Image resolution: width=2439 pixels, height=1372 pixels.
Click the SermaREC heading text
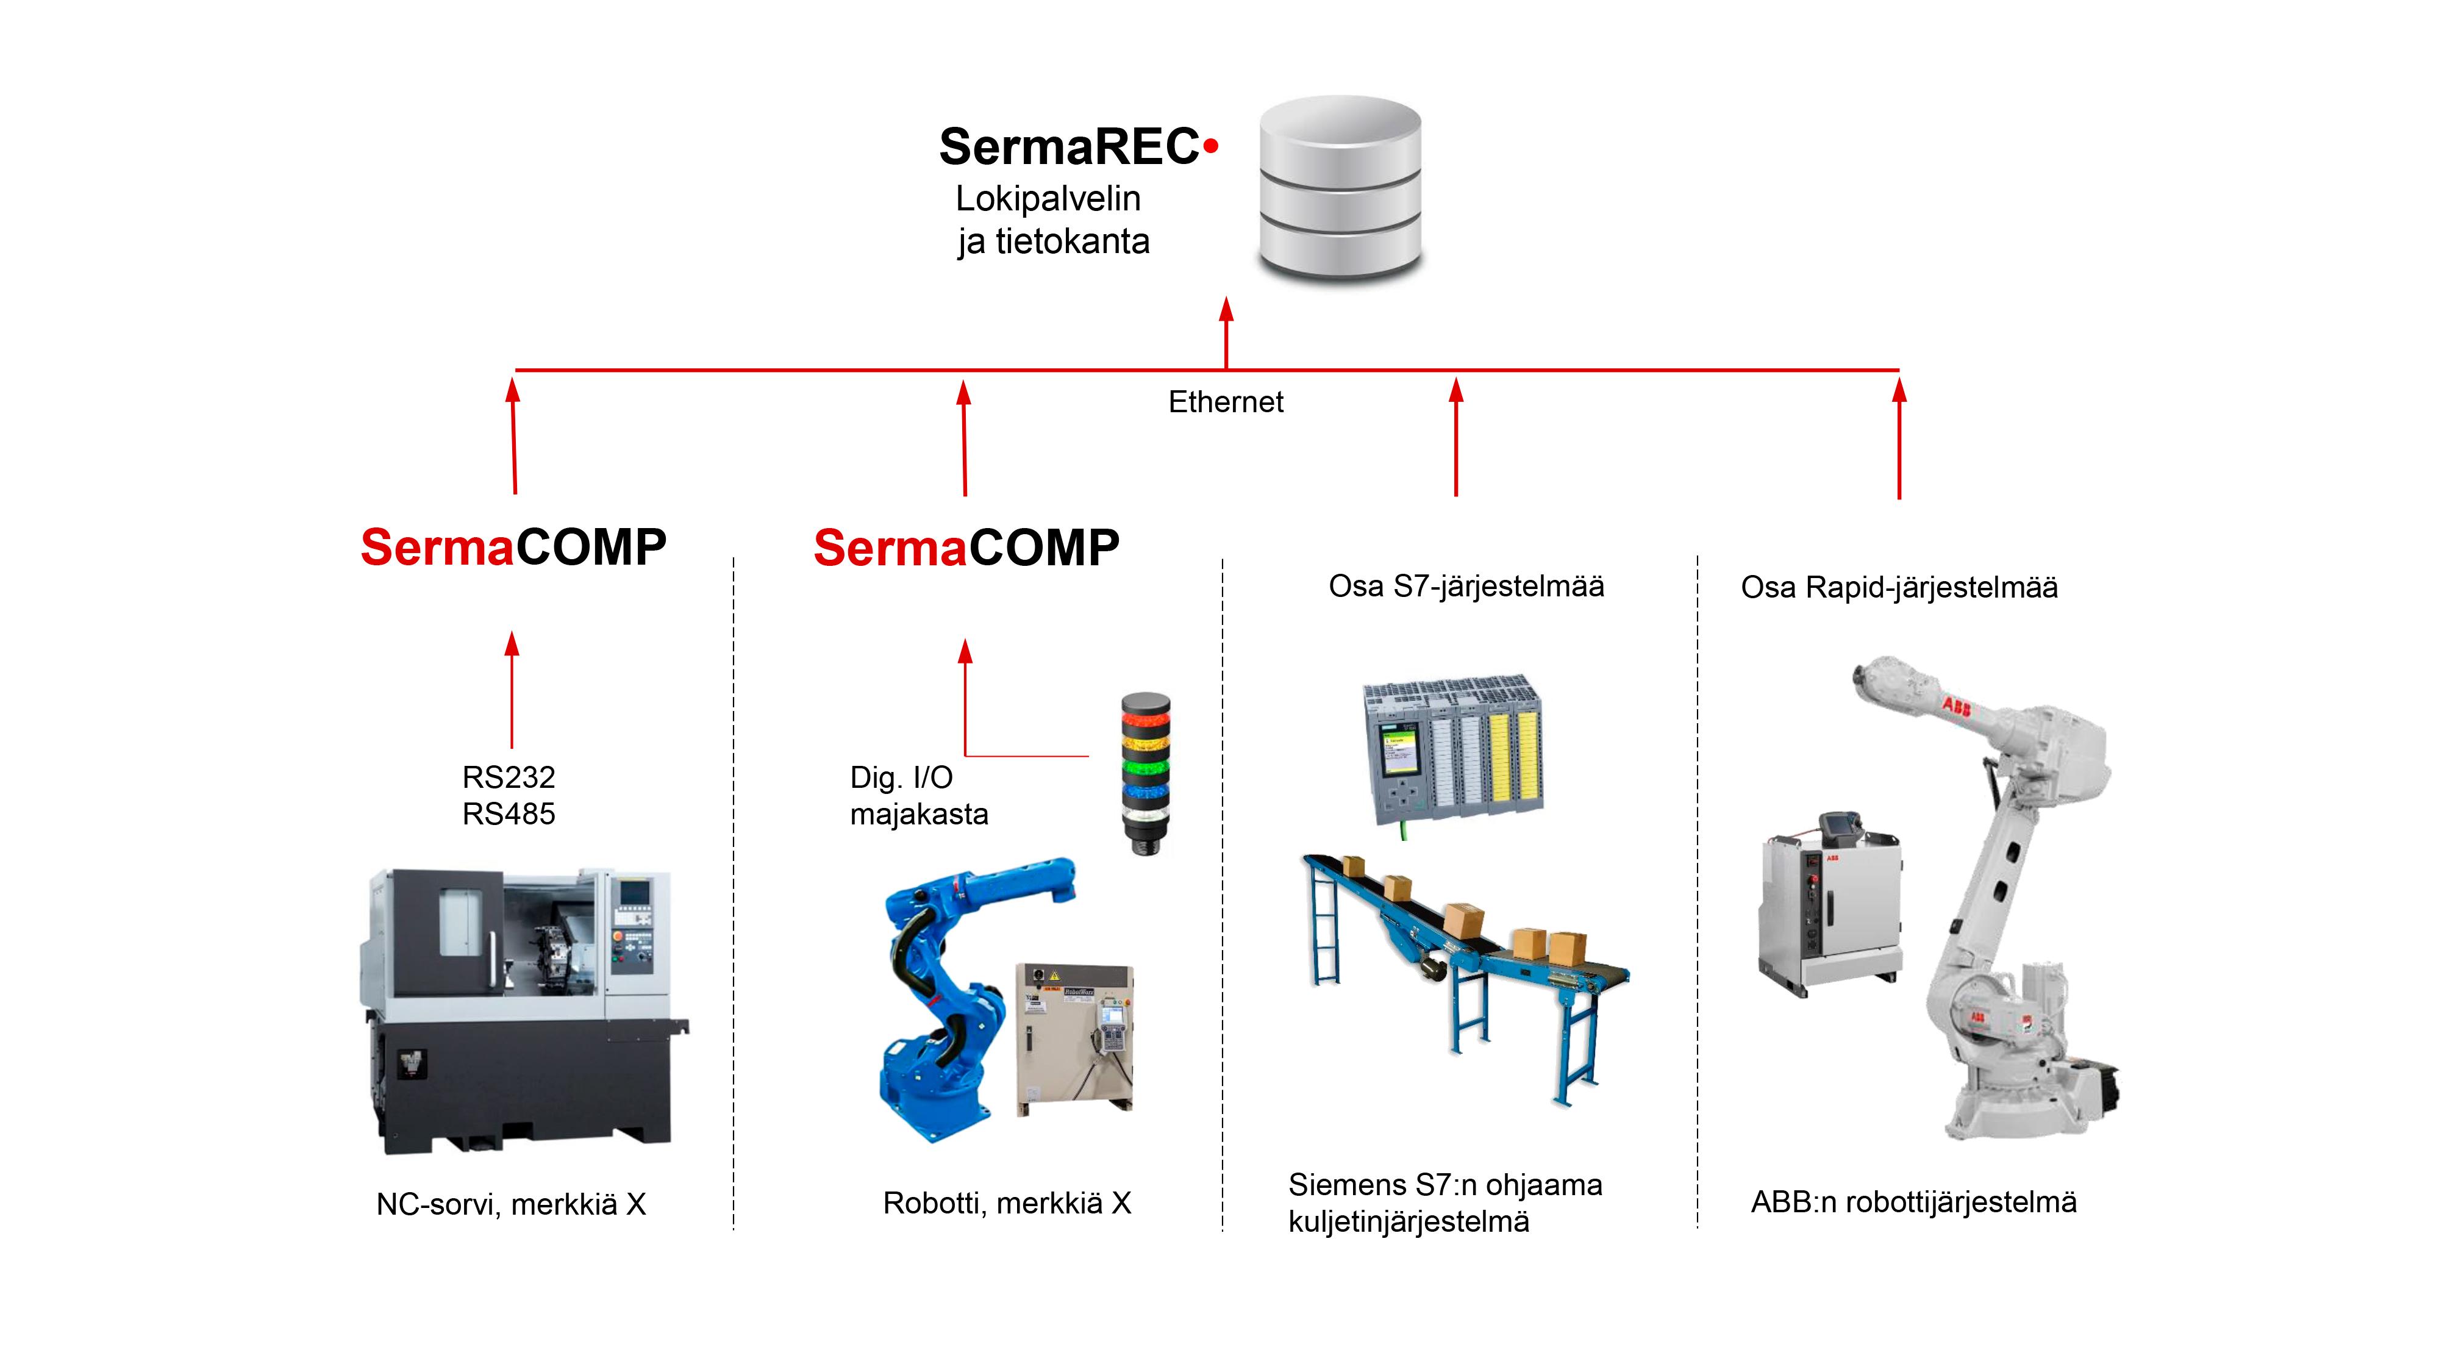(x=1079, y=147)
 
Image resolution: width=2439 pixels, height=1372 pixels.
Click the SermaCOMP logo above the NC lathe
(x=513, y=548)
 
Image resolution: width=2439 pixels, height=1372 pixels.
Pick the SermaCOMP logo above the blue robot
(x=966, y=548)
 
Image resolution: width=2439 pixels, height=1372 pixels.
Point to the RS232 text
(x=509, y=776)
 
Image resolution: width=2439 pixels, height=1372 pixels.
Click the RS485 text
(x=509, y=813)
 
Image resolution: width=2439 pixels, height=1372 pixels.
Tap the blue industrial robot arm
(x=966, y=994)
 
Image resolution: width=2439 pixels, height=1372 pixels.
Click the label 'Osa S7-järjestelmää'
(x=1466, y=586)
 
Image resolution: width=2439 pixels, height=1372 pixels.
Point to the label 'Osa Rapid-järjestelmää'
(x=1899, y=587)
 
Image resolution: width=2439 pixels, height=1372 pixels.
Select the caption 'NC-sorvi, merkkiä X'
(x=512, y=1204)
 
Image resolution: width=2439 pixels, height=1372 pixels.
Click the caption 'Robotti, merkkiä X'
(x=1007, y=1204)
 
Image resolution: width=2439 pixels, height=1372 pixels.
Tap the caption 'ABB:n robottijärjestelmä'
(x=1913, y=1201)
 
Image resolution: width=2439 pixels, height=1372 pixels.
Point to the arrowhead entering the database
(x=1226, y=310)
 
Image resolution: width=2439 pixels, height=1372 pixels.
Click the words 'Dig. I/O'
(x=901, y=777)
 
